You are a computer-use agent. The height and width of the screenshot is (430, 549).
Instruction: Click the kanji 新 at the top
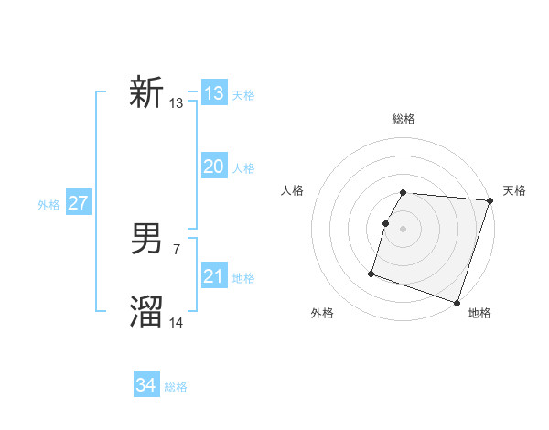coord(146,93)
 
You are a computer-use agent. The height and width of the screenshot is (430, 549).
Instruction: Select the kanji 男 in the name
coord(146,240)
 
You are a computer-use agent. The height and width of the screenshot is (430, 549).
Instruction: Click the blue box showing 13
coord(214,93)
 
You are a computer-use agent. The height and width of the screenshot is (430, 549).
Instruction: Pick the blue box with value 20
coord(214,167)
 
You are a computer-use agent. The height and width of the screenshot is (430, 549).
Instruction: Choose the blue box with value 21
coord(214,276)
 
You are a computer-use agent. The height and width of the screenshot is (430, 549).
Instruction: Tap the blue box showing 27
coord(79,203)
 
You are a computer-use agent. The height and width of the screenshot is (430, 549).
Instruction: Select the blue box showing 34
coord(146,386)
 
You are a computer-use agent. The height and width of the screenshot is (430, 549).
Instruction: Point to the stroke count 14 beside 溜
coord(177,323)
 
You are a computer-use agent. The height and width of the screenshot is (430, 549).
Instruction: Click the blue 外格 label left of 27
coord(48,205)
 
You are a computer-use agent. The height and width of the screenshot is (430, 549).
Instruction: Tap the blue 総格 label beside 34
coord(176,387)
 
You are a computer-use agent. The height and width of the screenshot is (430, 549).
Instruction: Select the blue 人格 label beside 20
coord(243,168)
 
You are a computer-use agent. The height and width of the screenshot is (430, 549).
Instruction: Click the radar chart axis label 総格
coord(404,119)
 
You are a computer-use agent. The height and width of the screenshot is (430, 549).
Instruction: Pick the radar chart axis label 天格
coord(514,190)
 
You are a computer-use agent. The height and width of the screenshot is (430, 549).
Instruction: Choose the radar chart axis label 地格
coord(479,313)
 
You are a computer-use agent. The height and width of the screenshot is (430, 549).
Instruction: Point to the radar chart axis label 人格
coord(293,190)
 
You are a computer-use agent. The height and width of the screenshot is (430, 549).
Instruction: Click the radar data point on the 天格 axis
coord(490,200)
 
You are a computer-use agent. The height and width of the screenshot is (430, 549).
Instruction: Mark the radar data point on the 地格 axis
coord(457,302)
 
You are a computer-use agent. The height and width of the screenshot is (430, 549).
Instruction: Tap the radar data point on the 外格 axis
coord(371,273)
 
